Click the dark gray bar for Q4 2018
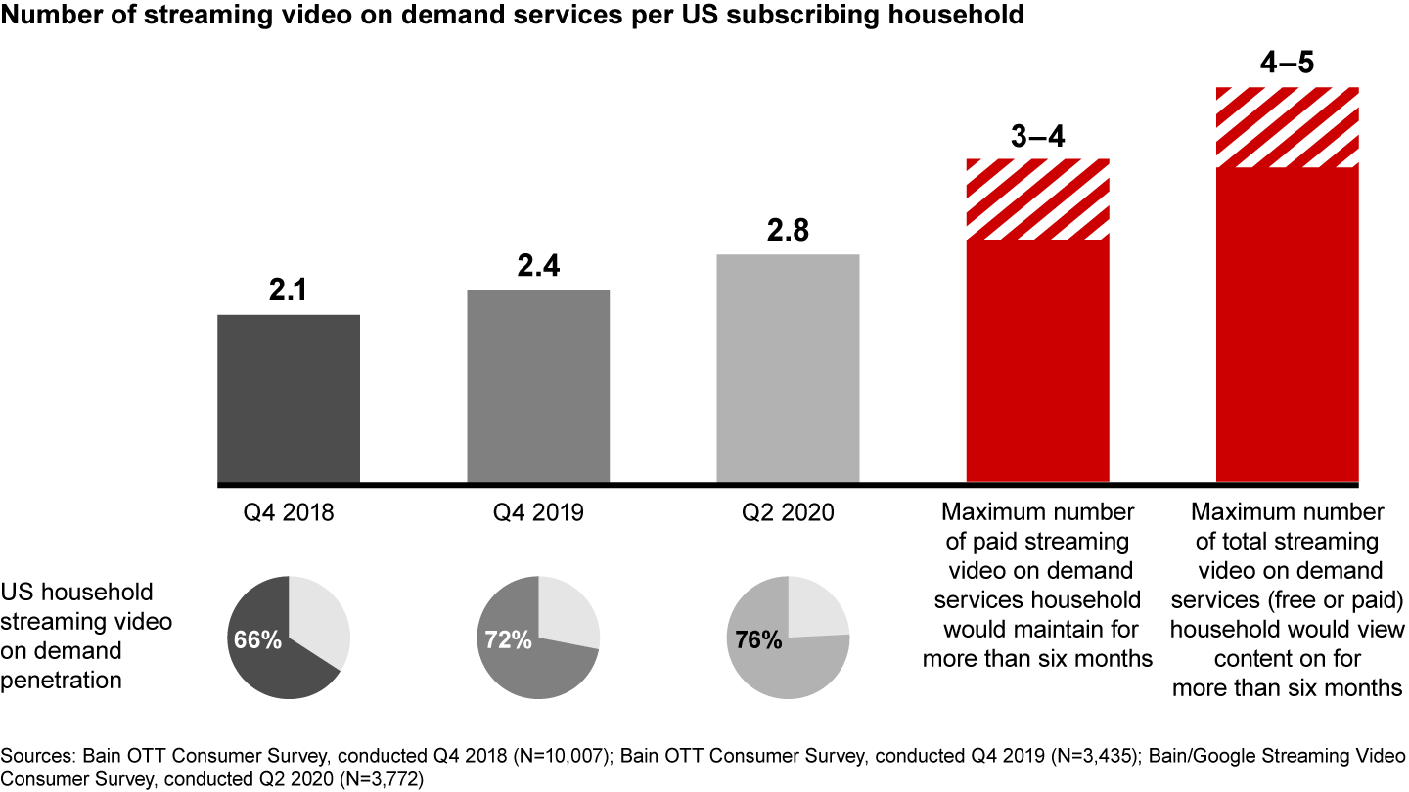click(289, 399)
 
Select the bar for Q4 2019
click(538, 386)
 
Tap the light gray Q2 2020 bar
click(788, 369)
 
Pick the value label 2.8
click(788, 233)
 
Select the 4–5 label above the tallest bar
click(1287, 64)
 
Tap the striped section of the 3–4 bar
click(1037, 199)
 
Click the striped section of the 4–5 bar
click(1287, 127)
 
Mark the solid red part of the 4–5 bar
click(1287, 325)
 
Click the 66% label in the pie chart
click(257, 640)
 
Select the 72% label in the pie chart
click(507, 640)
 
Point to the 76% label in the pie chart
click(757, 640)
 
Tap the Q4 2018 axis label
click(289, 512)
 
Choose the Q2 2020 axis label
click(788, 512)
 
